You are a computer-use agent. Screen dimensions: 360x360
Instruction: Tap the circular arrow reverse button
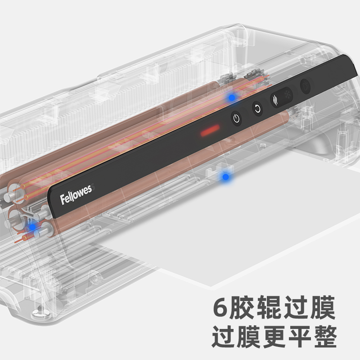[x=257, y=108]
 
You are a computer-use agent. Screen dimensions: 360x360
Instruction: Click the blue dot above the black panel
[x=231, y=97]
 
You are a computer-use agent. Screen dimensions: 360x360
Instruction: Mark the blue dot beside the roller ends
[x=32, y=227]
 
